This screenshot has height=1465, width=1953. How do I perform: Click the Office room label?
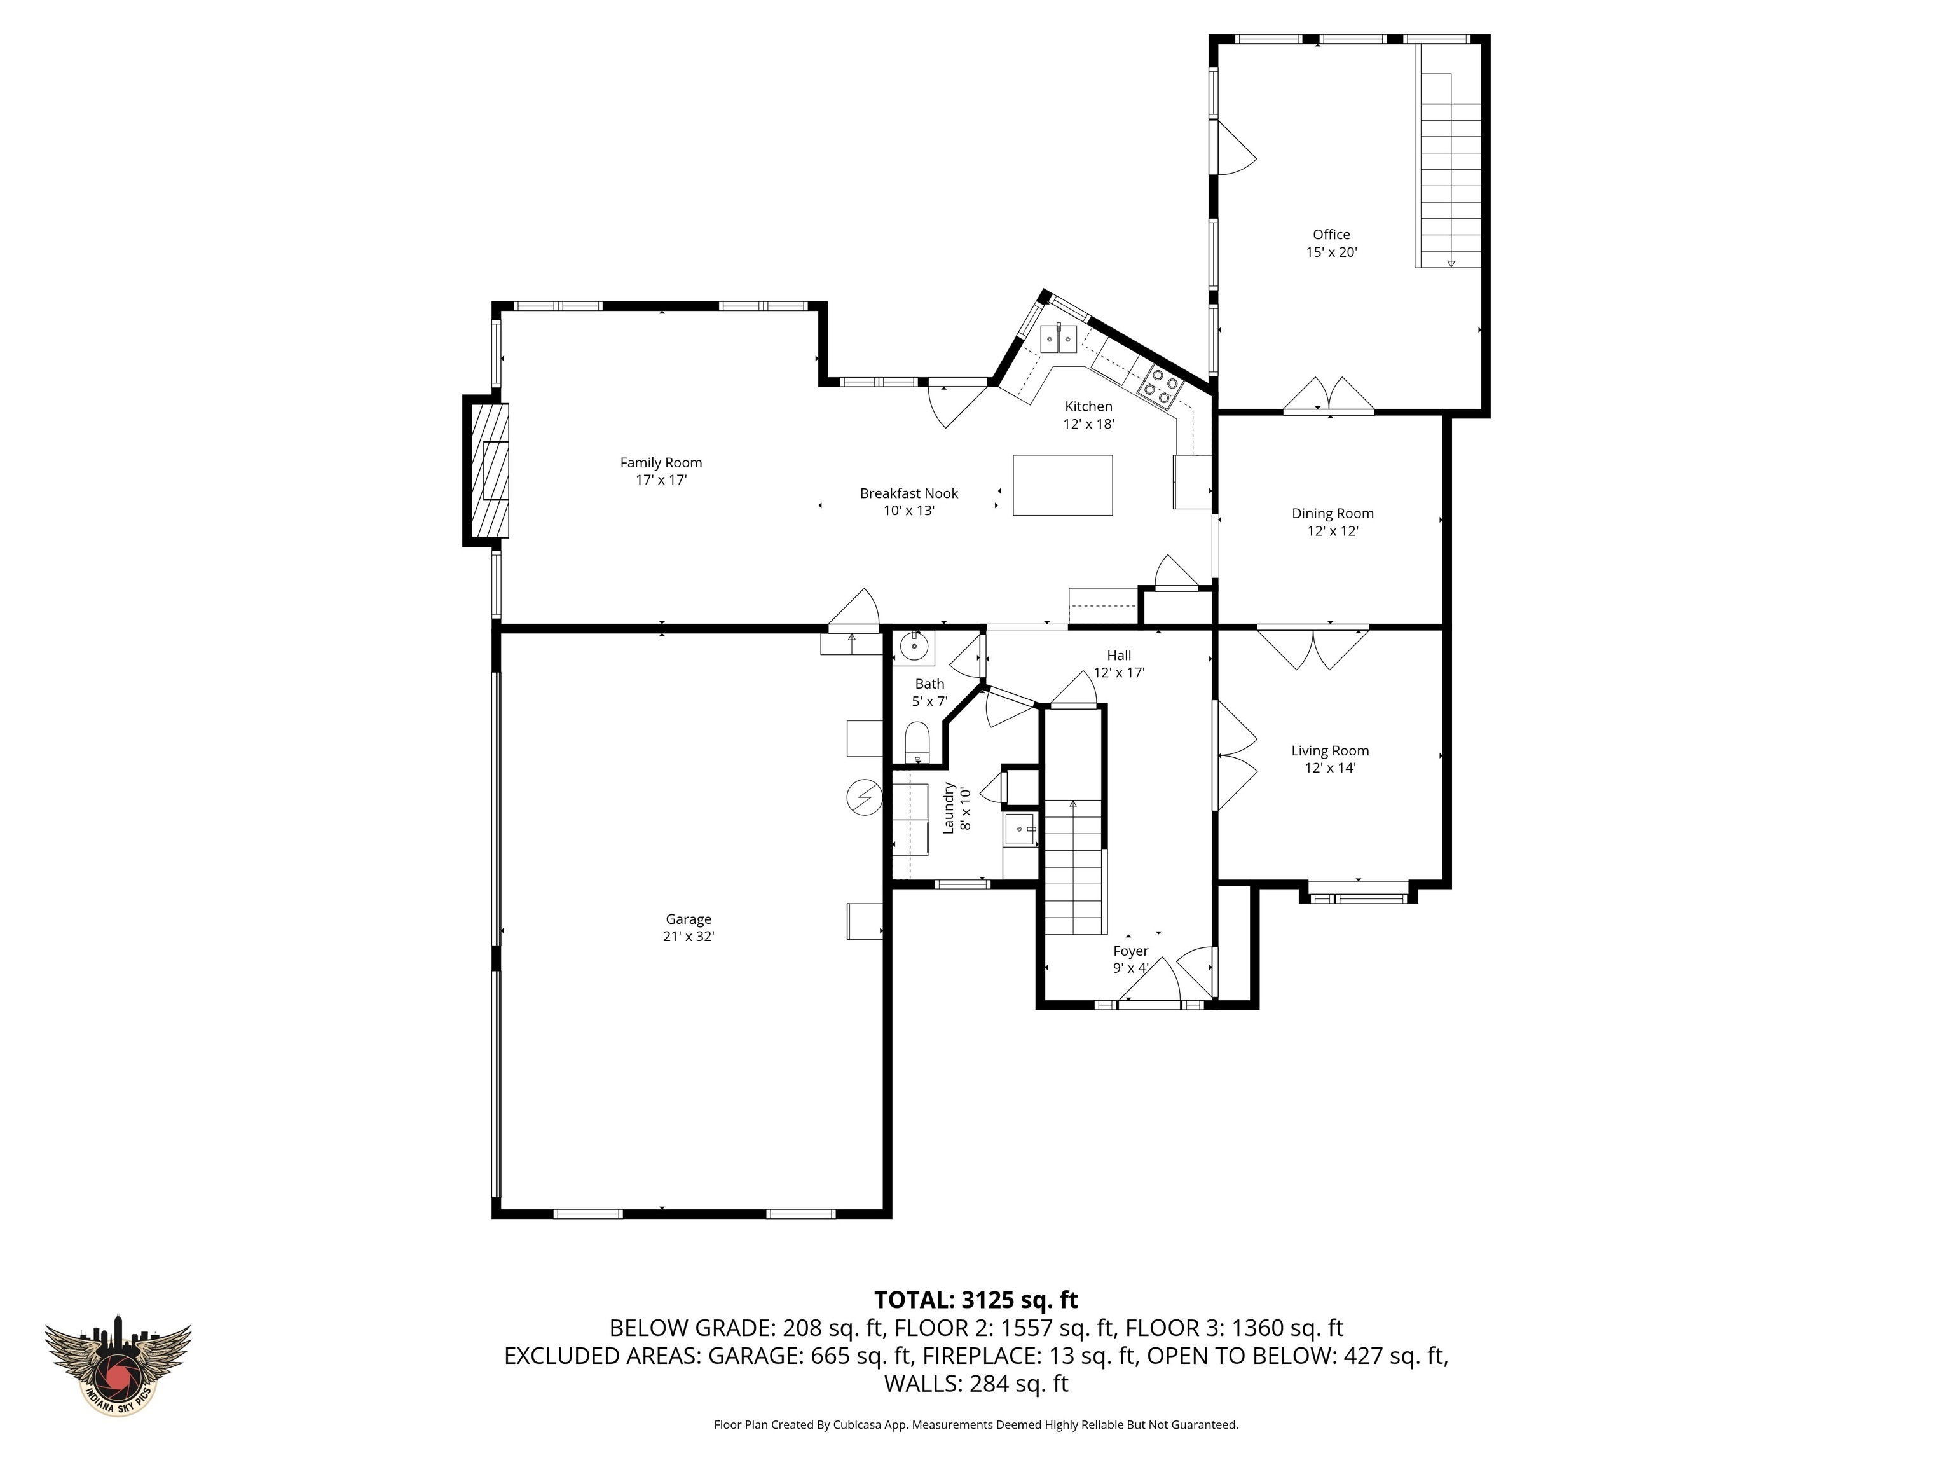(x=1331, y=235)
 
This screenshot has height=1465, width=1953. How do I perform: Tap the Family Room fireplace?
(x=488, y=471)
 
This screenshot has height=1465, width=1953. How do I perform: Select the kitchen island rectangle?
(x=1062, y=485)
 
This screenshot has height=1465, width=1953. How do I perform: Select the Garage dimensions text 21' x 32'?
(x=688, y=936)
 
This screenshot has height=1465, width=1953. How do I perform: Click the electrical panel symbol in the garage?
(x=865, y=797)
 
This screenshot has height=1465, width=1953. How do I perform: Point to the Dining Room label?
(x=1333, y=514)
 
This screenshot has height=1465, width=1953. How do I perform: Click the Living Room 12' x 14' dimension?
(x=1330, y=768)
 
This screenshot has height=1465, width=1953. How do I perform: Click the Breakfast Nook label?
(x=908, y=493)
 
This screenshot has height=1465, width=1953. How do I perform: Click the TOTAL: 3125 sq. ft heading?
(x=976, y=1300)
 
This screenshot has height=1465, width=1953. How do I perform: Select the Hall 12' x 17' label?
(x=1119, y=664)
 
